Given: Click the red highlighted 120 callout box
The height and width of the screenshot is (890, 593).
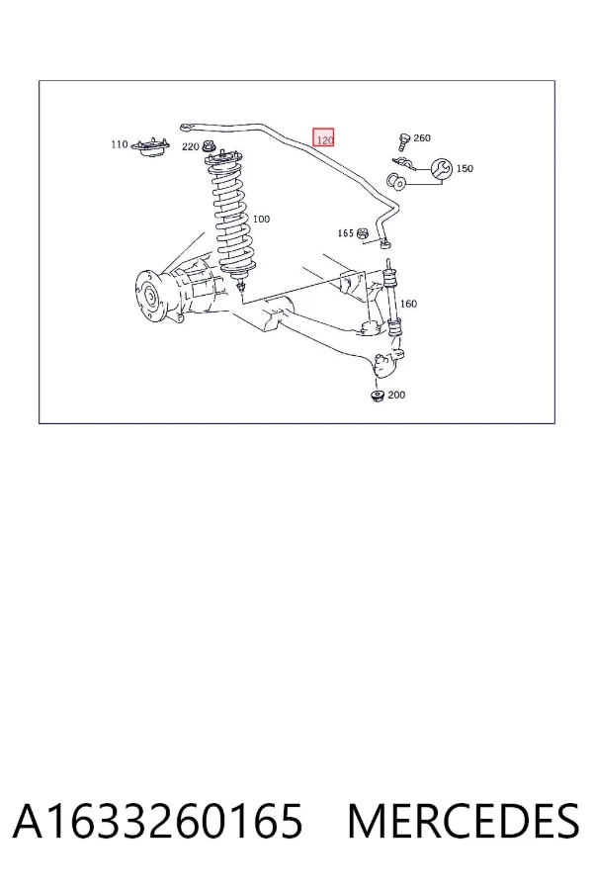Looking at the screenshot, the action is (323, 137).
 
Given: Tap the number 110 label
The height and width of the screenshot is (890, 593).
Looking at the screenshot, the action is (120, 144).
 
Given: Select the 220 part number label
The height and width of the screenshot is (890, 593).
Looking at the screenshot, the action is (190, 147).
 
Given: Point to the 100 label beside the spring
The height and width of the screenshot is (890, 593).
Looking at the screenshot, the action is (261, 220).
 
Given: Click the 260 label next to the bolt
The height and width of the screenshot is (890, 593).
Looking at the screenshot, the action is (422, 137).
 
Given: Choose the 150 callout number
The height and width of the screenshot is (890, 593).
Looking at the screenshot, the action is (465, 168).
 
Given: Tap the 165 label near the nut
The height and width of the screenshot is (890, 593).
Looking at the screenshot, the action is (345, 233).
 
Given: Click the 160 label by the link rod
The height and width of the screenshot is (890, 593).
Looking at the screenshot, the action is (408, 304).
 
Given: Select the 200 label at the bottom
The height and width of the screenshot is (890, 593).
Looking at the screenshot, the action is (396, 395).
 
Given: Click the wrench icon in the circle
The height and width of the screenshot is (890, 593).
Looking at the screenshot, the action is (442, 168).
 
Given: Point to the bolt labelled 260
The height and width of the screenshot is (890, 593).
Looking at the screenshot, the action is (404, 140).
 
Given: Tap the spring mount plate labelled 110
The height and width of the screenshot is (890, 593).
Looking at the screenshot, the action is (150, 147).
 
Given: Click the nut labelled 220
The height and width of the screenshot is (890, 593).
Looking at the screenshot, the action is (209, 146).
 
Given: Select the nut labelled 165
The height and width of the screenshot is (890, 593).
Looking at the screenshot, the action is (363, 233).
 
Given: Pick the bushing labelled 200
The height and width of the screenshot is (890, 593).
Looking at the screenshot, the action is (378, 395).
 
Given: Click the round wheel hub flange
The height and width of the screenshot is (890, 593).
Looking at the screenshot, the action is (149, 297).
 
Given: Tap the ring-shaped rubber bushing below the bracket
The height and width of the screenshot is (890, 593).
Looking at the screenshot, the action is (395, 182).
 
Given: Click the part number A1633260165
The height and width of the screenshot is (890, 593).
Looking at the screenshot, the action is (158, 821).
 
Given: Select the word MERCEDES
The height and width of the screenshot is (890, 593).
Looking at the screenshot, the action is (464, 821).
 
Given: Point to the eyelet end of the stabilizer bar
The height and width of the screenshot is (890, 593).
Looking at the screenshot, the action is (185, 128).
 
